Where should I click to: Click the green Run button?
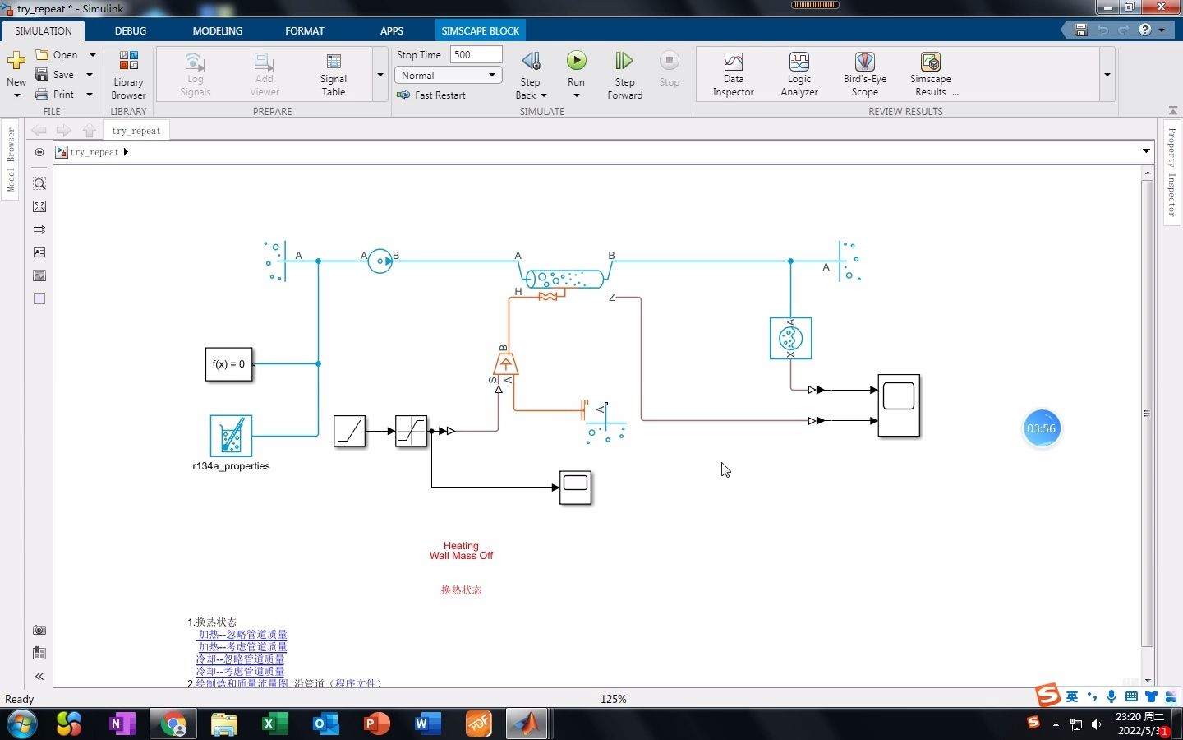tap(576, 61)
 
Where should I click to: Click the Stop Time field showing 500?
tap(476, 54)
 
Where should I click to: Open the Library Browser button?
tap(128, 74)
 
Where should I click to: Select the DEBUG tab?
tap(131, 30)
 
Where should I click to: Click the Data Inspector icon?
tap(733, 62)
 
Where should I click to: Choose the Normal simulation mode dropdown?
tap(449, 75)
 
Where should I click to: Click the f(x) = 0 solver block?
tap(228, 364)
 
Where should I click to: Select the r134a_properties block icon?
tap(231, 436)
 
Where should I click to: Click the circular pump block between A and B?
tap(380, 261)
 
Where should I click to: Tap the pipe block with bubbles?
tap(564, 279)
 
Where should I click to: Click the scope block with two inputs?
tap(899, 405)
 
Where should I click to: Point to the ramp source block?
tap(349, 431)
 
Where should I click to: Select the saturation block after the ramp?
tap(411, 431)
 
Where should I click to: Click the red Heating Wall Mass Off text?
tap(461, 551)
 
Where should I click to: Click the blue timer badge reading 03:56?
tap(1041, 428)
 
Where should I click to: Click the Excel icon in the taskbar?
tap(274, 724)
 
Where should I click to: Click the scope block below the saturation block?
tap(575, 487)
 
